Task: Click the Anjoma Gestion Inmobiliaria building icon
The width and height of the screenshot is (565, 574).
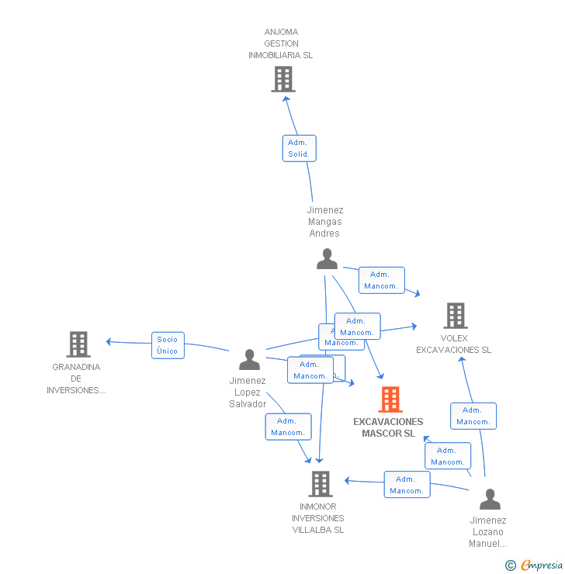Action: point(283,78)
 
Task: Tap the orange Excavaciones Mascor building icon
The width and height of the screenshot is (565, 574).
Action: point(390,399)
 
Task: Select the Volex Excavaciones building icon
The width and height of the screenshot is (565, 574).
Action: point(456,316)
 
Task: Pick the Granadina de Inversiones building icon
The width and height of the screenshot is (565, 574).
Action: point(78,344)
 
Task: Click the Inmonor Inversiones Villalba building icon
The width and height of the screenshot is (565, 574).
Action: point(320,484)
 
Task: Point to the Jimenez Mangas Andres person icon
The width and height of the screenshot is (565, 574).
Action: point(327,259)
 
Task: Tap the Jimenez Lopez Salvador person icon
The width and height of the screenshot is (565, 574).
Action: point(249,360)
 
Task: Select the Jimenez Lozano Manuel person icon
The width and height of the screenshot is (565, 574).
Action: point(490,499)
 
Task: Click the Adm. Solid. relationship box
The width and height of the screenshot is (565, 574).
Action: point(299,148)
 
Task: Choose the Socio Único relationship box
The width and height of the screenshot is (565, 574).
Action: point(168,345)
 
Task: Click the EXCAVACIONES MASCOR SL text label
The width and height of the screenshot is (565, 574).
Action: point(388,427)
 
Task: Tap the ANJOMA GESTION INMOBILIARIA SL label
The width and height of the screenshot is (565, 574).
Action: point(281,44)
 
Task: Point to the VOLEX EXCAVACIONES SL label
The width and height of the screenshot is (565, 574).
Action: point(454,344)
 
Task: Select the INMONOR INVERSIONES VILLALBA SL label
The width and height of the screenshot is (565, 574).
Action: point(318,518)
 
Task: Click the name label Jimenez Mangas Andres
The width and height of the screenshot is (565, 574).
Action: point(324,222)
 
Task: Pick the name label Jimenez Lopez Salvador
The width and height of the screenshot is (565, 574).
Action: point(248,392)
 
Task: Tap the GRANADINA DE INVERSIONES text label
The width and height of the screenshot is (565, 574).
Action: point(76,379)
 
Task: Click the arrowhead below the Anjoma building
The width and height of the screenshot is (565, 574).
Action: point(286,98)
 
